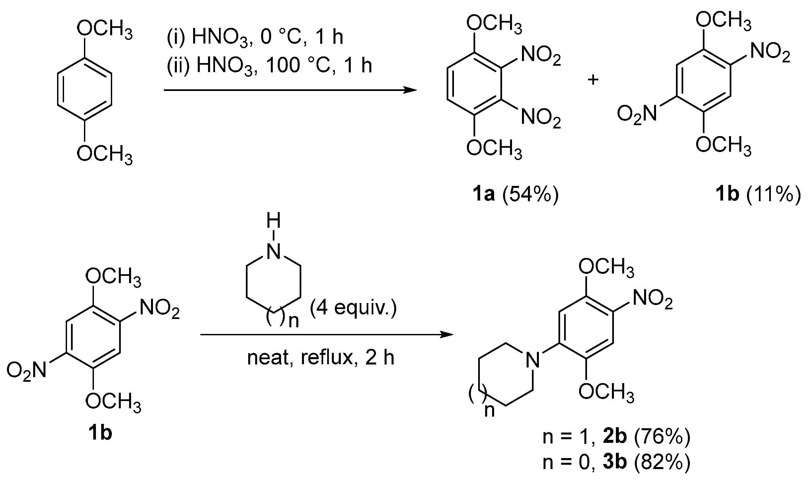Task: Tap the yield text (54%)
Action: [x=530, y=195]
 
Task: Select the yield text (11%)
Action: [x=773, y=195]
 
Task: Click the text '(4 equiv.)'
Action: [x=353, y=308]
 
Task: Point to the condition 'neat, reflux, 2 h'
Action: [x=321, y=358]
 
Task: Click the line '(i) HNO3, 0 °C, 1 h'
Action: [x=255, y=37]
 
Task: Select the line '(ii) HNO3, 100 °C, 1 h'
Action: [x=269, y=65]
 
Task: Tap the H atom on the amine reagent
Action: [x=273, y=221]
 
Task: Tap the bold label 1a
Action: [x=483, y=195]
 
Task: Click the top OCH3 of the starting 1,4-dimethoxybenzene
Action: [x=105, y=32]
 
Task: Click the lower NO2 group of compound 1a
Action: [x=541, y=118]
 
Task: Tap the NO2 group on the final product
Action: [x=653, y=300]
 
